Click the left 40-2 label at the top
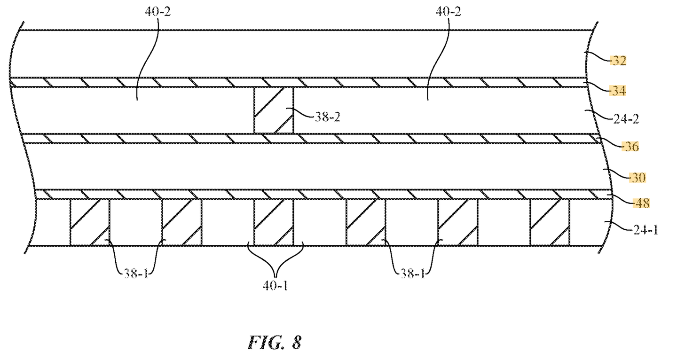point(158,12)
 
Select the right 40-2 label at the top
point(448,12)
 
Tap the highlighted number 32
point(618,61)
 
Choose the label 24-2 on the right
point(626,119)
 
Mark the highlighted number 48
point(642,203)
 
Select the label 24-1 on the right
point(646,230)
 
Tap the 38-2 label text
point(328,117)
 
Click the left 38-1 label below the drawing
point(136,274)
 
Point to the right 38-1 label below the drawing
point(413,274)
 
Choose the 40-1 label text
point(275,285)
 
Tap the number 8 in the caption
point(297,343)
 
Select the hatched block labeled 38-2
point(274,110)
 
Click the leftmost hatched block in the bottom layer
point(90,222)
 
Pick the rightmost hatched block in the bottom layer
point(550,222)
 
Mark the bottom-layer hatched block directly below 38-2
point(274,222)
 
